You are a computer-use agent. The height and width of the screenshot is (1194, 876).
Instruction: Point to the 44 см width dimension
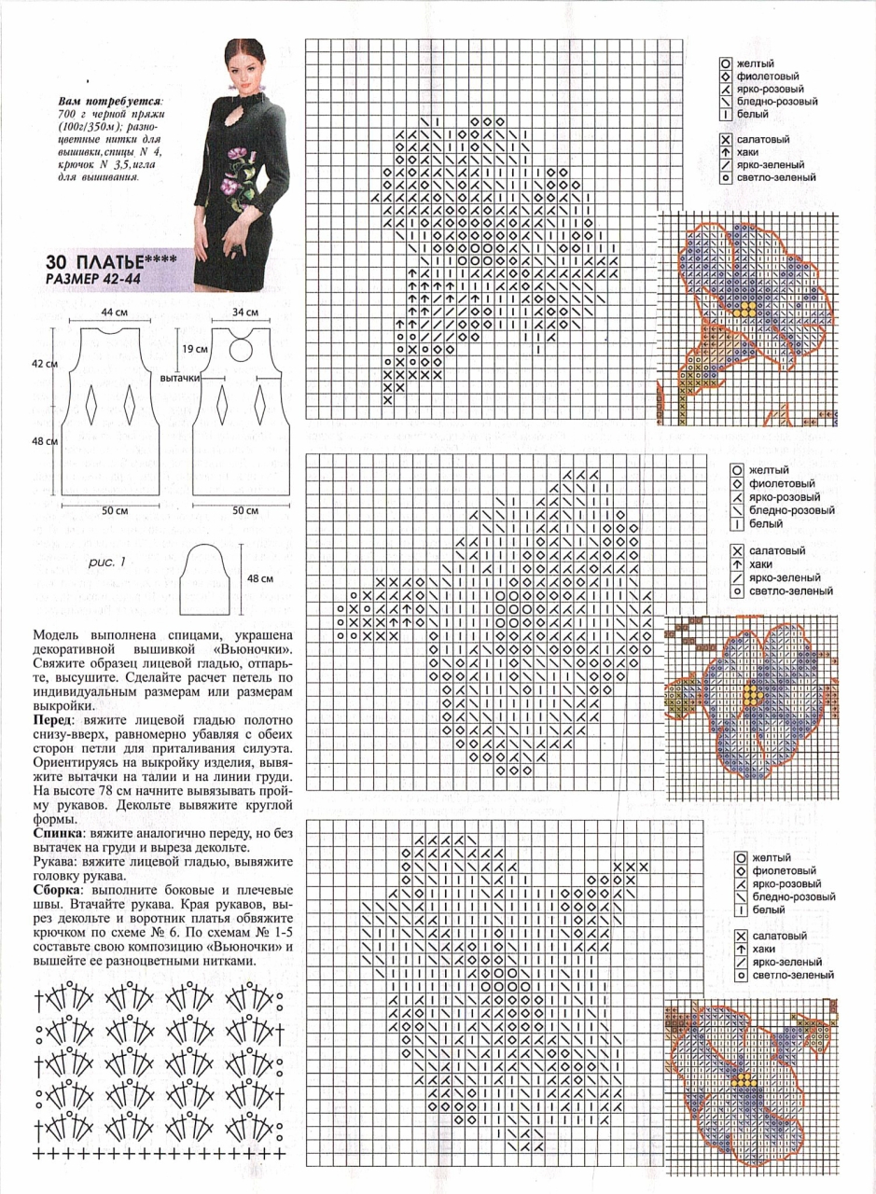click(114, 311)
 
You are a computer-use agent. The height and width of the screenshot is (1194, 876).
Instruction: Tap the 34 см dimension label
click(246, 311)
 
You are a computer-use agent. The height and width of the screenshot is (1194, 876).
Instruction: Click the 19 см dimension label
click(194, 348)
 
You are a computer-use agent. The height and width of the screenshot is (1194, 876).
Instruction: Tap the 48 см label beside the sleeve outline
click(259, 578)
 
